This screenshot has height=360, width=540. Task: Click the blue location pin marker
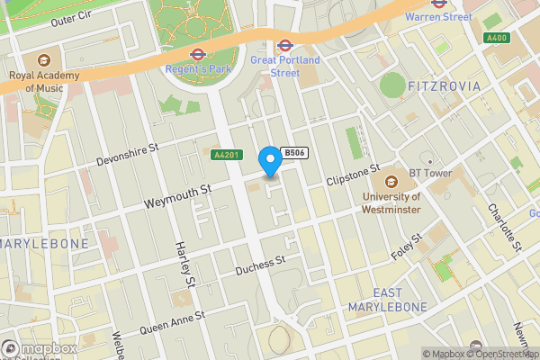point(269,160)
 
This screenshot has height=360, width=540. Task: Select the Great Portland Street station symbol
point(285,44)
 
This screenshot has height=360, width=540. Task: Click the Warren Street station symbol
point(438,4)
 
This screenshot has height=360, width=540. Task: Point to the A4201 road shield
point(225,155)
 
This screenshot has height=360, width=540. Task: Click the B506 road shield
point(294,154)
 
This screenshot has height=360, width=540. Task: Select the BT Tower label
point(402,172)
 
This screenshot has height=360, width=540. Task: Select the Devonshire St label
point(128,153)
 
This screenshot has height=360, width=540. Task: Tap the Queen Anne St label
point(172,322)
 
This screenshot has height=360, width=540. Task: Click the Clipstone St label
point(354,174)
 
